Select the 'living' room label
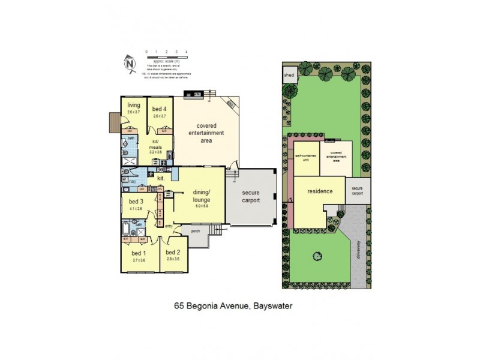pyautogui.click(x=133, y=106)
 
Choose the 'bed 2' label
pyautogui.click(x=173, y=253)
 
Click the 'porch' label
pyautogui.click(x=195, y=230)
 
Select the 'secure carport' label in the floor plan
pyautogui.click(x=251, y=197)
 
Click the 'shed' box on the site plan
pyautogui.click(x=289, y=75)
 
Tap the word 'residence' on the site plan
pyautogui.click(x=320, y=192)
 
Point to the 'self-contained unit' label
pyautogui.click(x=305, y=158)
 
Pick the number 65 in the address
pyautogui.click(x=179, y=305)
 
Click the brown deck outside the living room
pyautogui.click(x=113, y=122)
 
